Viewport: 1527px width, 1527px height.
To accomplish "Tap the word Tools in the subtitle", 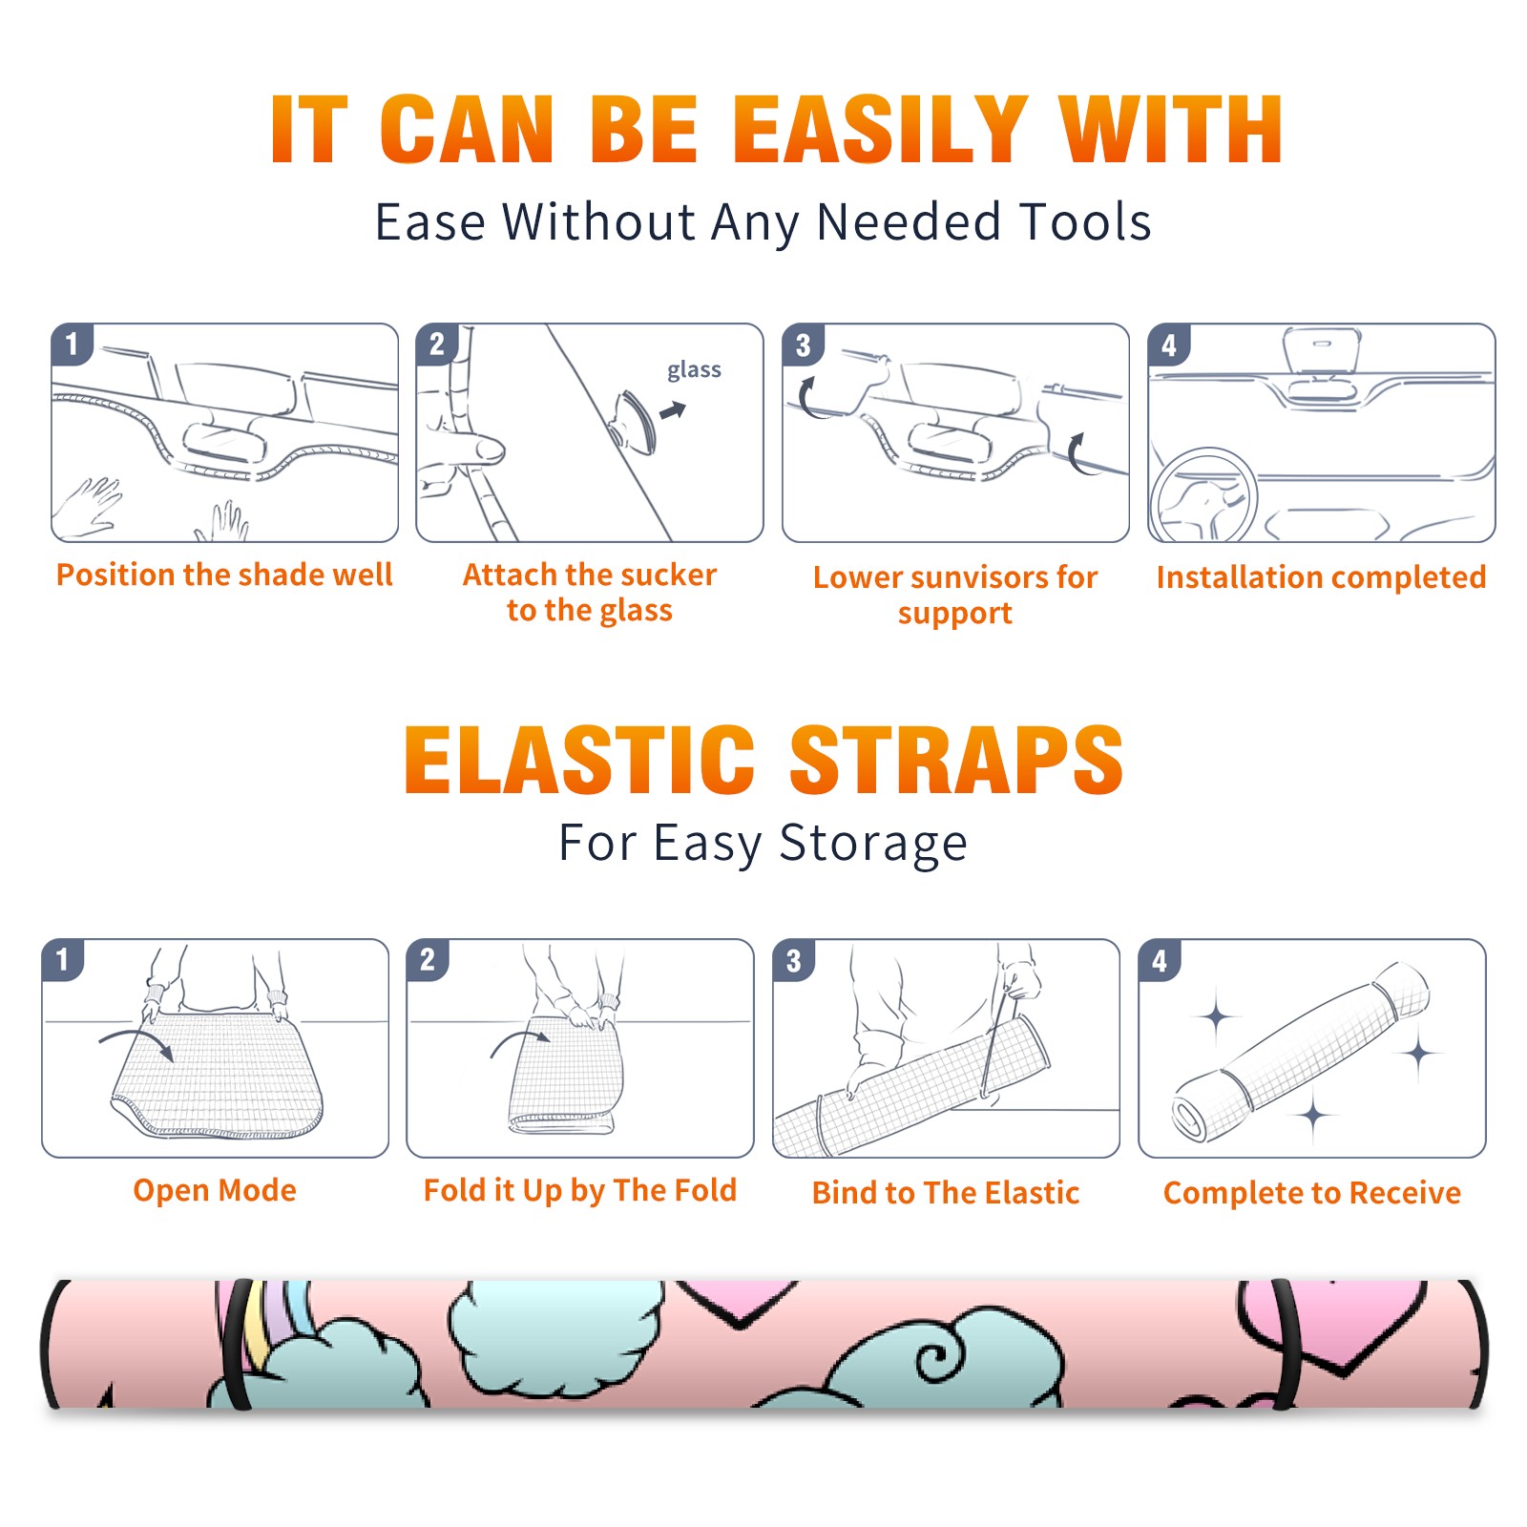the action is (1085, 222).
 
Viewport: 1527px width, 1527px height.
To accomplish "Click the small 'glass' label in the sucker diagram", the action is (694, 370).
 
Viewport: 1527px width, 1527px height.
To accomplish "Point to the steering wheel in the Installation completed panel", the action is (1203, 496).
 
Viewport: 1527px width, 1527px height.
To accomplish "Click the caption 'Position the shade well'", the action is (224, 575).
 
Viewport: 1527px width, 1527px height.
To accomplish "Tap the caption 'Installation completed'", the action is (1321, 577).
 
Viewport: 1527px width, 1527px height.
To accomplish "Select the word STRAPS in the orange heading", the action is (956, 760).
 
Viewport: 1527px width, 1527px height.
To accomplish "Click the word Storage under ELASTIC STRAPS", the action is (872, 844).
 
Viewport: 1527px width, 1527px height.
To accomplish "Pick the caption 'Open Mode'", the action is (215, 1190).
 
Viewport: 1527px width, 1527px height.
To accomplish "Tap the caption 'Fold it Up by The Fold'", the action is (580, 1191).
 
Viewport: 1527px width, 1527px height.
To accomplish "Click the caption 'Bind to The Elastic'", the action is (946, 1193).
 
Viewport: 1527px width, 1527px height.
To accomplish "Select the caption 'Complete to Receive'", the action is (1312, 1193).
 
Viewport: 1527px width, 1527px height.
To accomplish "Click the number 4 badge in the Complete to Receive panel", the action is (1160, 960).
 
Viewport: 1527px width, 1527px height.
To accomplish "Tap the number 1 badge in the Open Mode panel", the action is (63, 959).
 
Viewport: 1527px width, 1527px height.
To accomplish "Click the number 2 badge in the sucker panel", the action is (437, 344).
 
